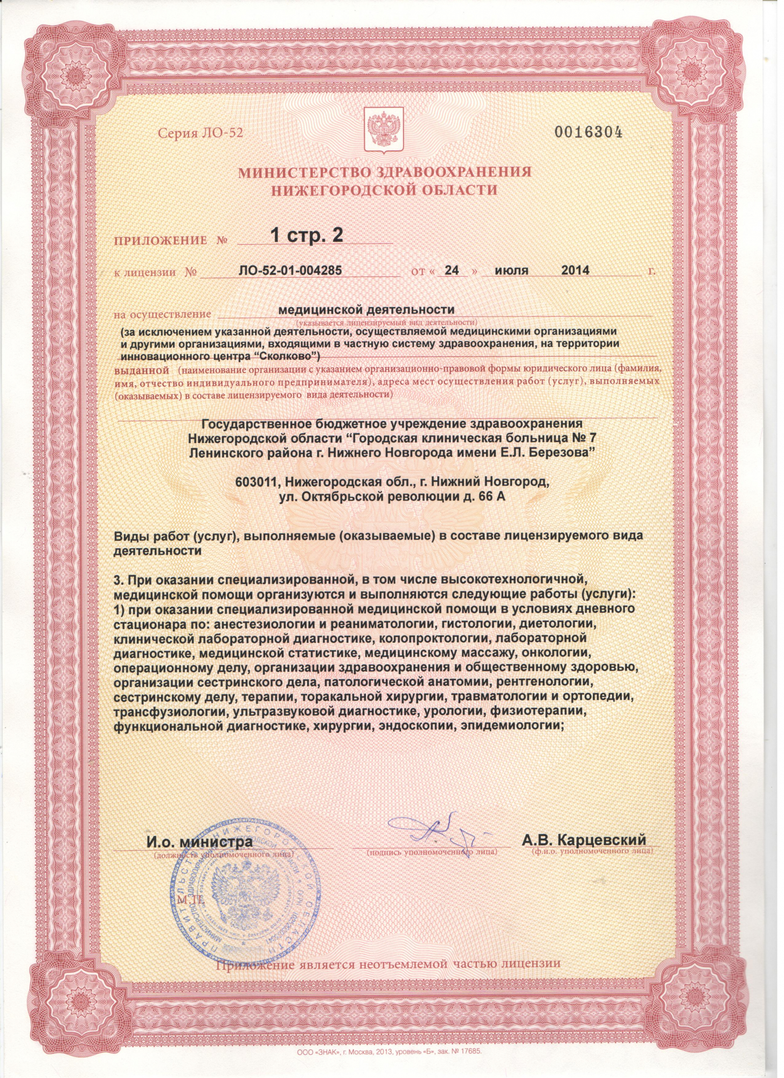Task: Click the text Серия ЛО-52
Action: (x=200, y=133)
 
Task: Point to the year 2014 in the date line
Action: (x=575, y=271)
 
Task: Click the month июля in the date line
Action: (x=511, y=271)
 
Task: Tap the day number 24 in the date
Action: (x=452, y=271)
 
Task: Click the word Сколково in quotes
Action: (x=283, y=356)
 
